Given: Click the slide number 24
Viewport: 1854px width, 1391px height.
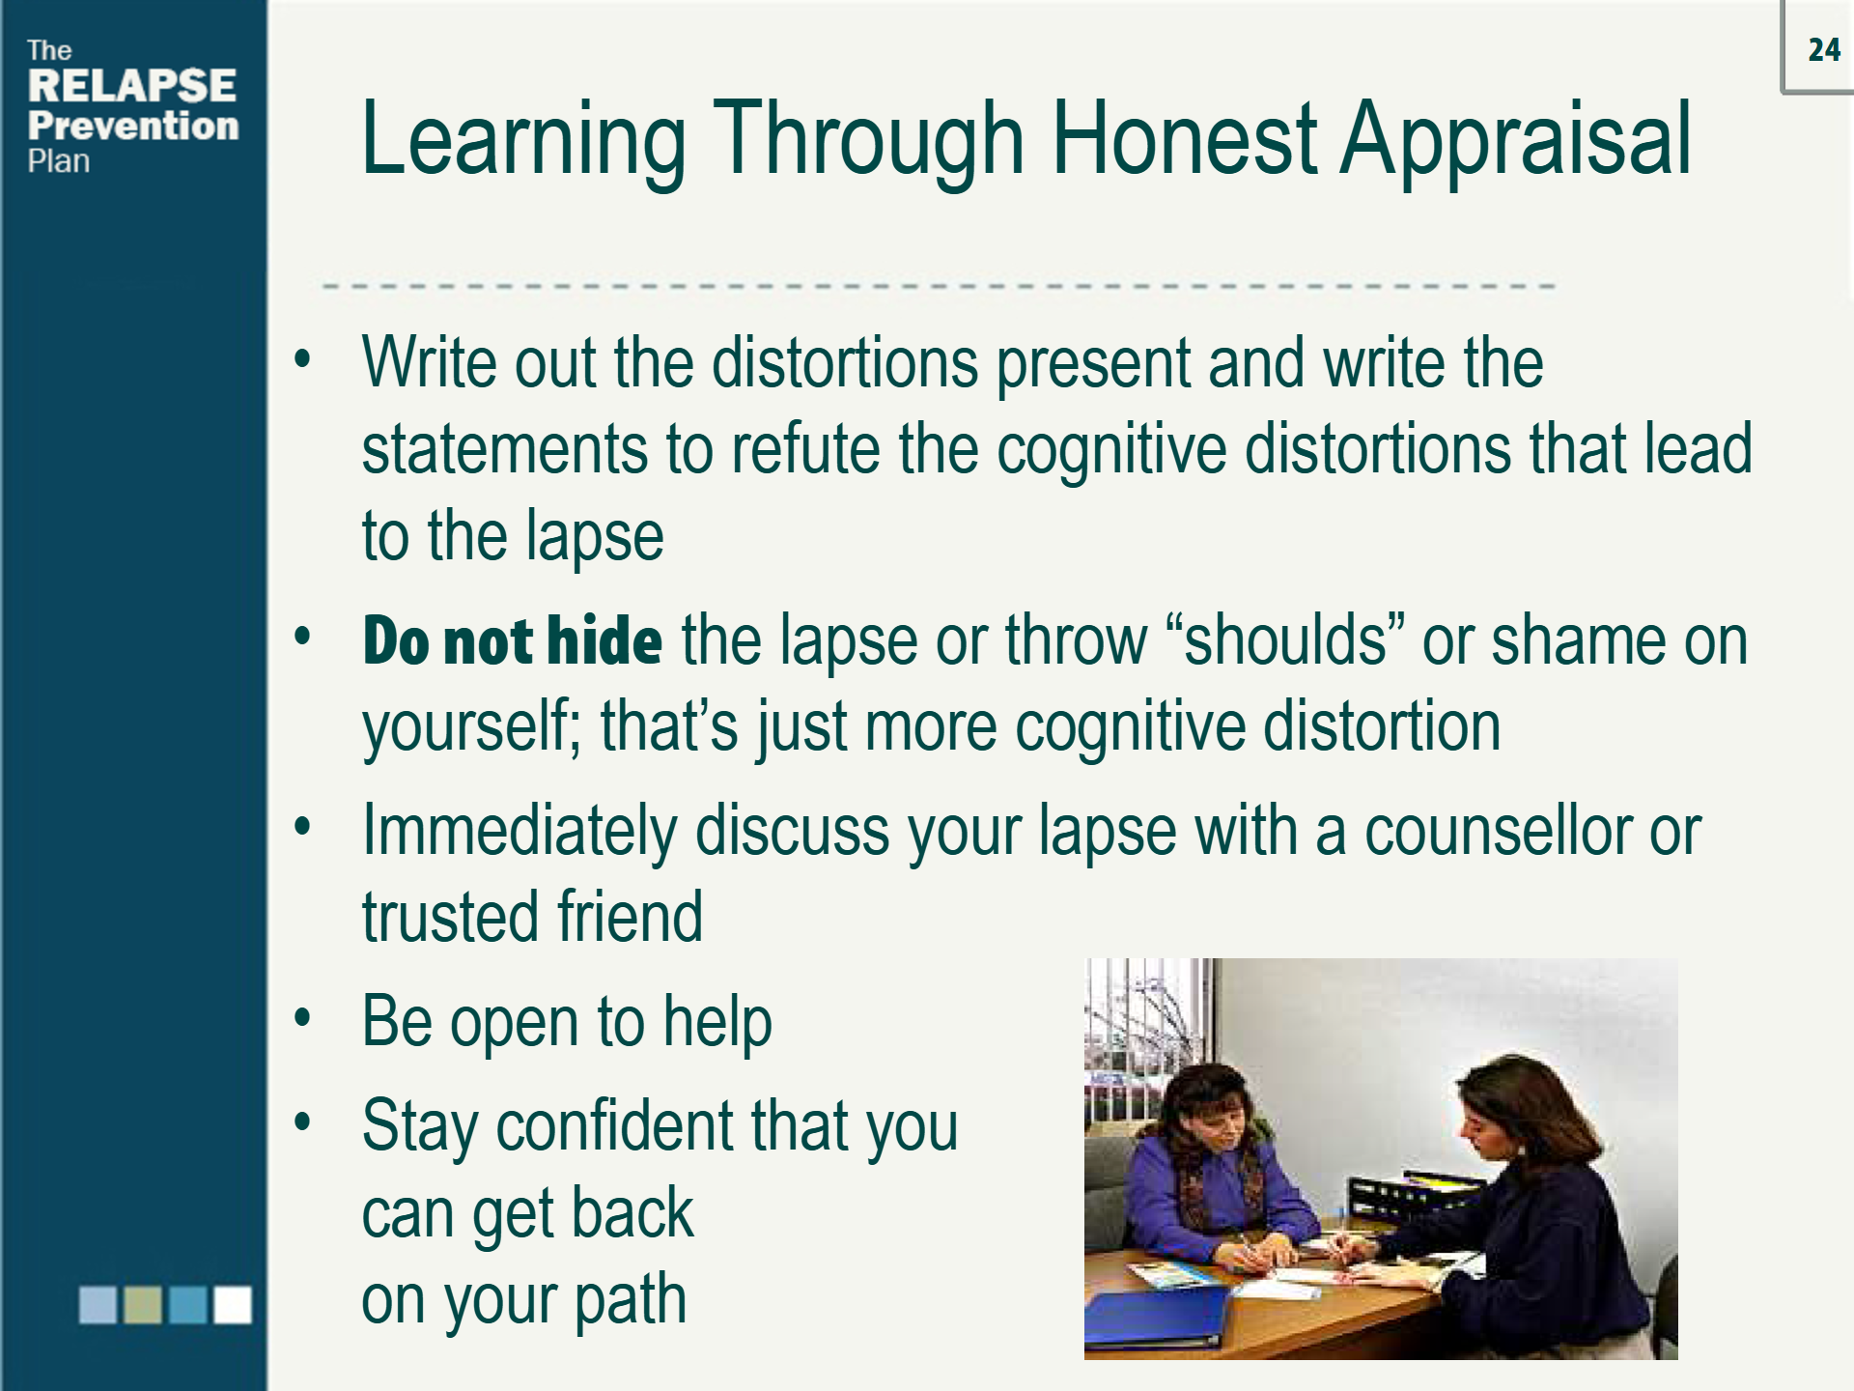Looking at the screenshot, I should [1824, 50].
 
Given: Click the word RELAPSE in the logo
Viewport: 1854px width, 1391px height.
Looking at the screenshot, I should [132, 86].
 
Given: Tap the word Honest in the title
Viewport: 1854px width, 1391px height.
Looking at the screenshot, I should [1183, 141].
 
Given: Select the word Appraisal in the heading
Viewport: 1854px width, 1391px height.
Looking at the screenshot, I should [1515, 141].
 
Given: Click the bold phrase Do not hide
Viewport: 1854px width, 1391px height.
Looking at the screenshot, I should [512, 640].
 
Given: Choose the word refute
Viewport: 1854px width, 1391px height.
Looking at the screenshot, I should [805, 450].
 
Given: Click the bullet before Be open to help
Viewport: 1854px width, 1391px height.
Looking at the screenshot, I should [303, 1018].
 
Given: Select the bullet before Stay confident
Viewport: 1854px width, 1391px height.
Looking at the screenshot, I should [303, 1122].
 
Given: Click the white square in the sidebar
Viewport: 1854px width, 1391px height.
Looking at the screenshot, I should [233, 1304].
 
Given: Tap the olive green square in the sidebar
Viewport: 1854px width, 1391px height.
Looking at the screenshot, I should [143, 1304].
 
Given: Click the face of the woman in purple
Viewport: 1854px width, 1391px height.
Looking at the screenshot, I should [1216, 1121].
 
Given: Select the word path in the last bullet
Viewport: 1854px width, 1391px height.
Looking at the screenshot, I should [632, 1300].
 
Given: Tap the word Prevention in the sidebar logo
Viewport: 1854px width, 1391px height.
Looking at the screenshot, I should [133, 126].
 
